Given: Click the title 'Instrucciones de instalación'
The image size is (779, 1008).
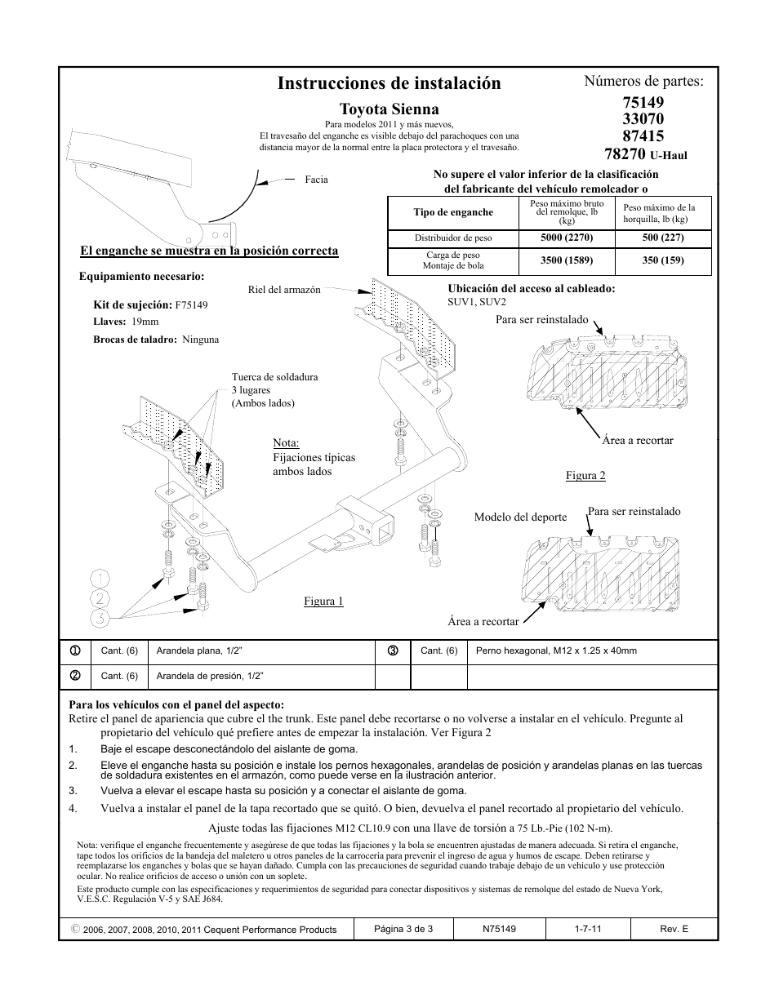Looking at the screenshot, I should coord(389,83).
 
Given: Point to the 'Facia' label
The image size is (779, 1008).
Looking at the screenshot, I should coord(316,180).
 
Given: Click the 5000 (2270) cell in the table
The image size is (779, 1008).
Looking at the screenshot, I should coord(566,238).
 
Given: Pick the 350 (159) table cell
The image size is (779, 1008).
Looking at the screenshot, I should coord(663,261).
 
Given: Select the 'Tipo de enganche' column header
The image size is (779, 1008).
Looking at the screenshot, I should coord(453,213).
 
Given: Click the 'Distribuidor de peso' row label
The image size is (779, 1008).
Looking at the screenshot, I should coord(453,238).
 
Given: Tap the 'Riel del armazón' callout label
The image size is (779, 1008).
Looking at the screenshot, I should coord(284,290).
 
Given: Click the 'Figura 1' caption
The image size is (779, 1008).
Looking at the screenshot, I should coord(323,602).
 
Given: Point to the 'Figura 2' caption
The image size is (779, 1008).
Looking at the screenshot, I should coord(585,476).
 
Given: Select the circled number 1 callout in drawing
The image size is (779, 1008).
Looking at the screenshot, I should coord(100,579).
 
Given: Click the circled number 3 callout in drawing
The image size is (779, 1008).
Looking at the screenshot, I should coord(100,618).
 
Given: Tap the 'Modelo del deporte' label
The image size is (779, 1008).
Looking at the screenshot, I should coord(520,517).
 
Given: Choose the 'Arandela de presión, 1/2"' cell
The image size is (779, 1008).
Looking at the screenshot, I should coord(210,676).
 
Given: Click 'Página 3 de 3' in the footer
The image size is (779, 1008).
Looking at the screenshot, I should coord(403,929).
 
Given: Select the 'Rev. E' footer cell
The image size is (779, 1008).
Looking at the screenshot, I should coord(674,929).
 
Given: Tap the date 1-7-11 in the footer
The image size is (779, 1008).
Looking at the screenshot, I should coord(588,929).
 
